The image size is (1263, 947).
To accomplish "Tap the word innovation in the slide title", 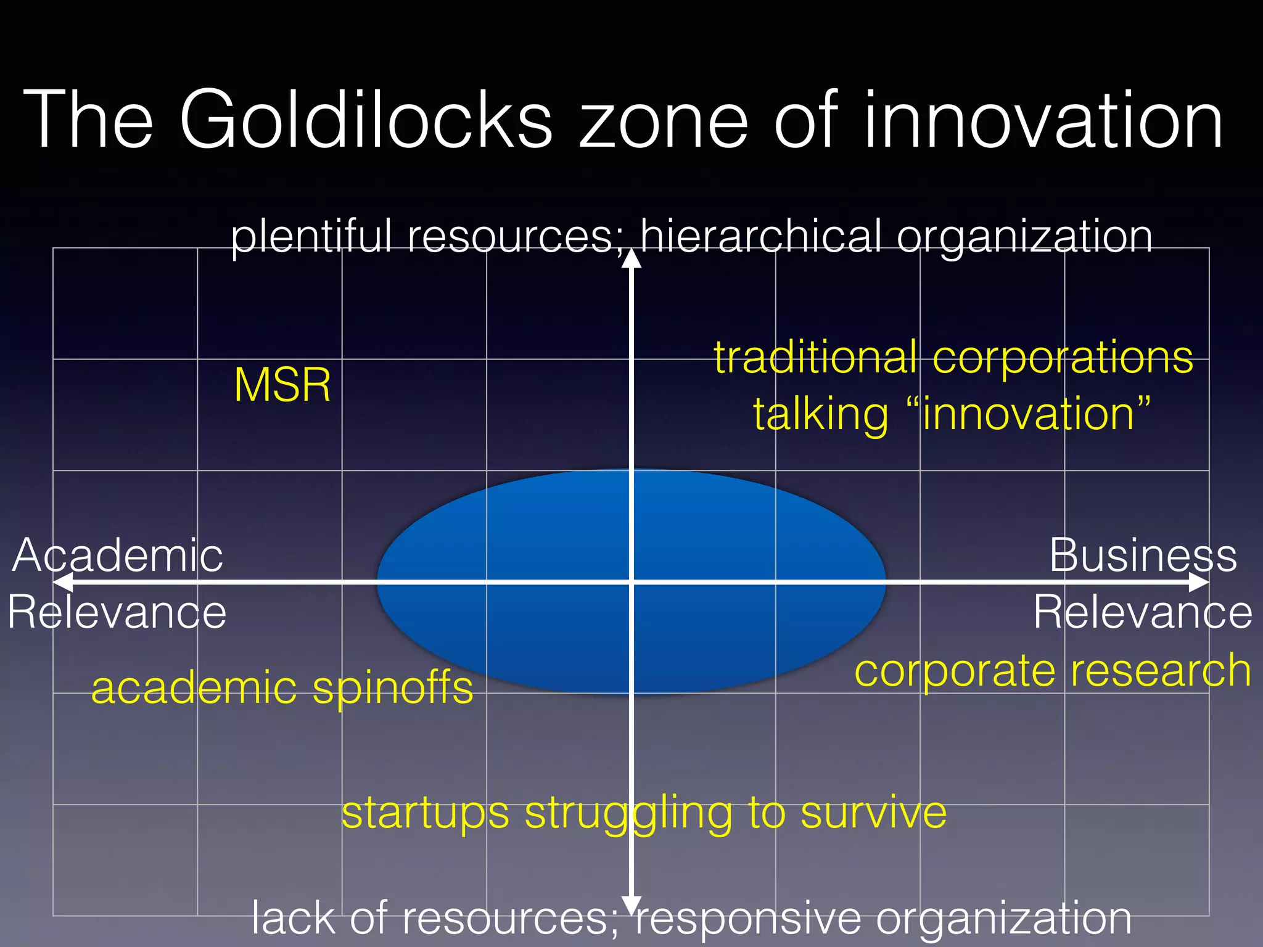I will click(1043, 120).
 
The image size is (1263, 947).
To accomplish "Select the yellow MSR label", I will click(282, 385).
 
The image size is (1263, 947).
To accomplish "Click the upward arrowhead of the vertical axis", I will click(631, 259).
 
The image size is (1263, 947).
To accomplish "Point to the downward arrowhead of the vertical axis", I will click(631, 905).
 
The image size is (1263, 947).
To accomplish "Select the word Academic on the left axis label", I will click(117, 555).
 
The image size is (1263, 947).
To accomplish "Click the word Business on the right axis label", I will click(1143, 555).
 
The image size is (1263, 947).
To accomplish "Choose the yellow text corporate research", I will click(1053, 671).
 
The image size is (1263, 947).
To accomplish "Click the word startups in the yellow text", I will click(426, 814).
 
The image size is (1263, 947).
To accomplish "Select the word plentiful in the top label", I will click(311, 237).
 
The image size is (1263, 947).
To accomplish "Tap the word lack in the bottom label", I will click(294, 917).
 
